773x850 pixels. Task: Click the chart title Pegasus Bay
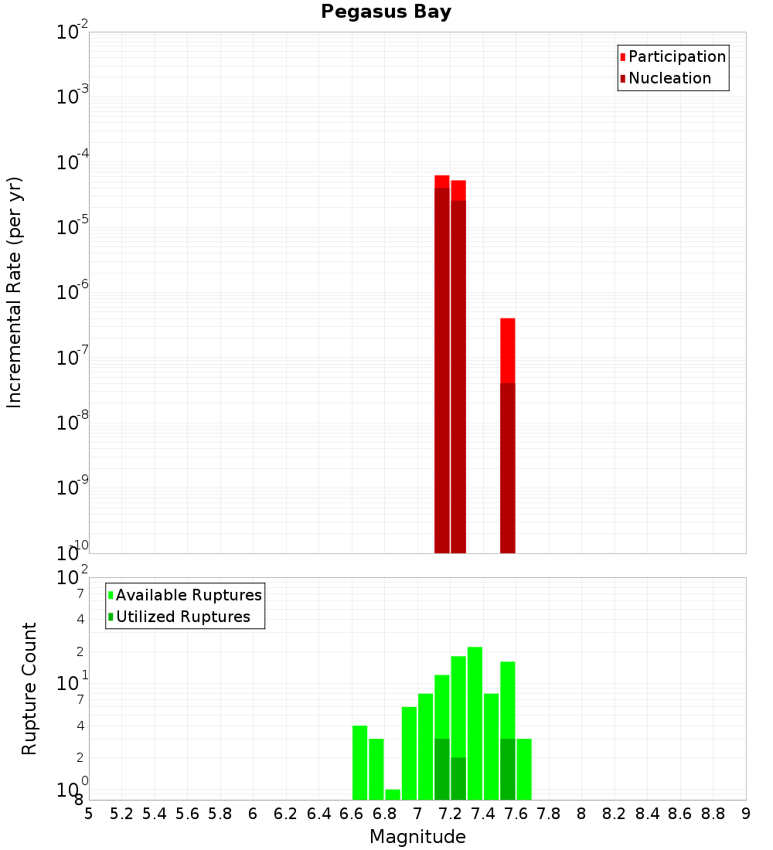click(386, 12)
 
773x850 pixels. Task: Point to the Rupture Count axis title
click(29, 688)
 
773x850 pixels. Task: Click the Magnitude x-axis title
click(417, 837)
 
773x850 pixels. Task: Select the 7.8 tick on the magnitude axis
click(549, 814)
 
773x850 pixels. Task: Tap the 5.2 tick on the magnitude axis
click(122, 814)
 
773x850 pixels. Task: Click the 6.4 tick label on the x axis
click(319, 814)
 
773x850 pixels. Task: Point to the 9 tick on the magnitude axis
click(746, 814)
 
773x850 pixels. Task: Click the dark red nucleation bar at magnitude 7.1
click(442, 371)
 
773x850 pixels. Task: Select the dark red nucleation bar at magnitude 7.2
click(458, 379)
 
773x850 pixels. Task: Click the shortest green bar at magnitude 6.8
click(393, 794)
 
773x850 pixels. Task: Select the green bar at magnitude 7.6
click(524, 769)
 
